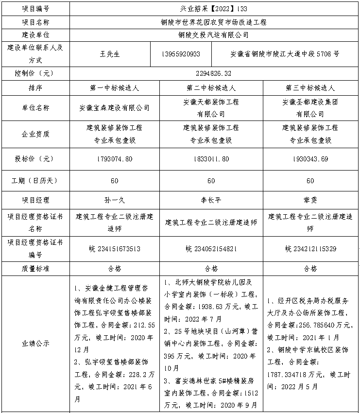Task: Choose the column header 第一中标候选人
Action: pyautogui.click(x=115, y=88)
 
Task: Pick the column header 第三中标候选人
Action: pyautogui.click(x=310, y=88)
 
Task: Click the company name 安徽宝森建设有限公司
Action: pyautogui.click(x=115, y=108)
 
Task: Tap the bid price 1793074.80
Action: pyautogui.click(x=115, y=159)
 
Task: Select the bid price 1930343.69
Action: pyautogui.click(x=310, y=159)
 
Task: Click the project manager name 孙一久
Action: pyautogui.click(x=115, y=200)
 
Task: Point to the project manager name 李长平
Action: pyautogui.click(x=211, y=200)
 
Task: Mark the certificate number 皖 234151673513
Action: pyautogui.click(x=115, y=249)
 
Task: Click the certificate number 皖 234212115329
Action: pyautogui.click(x=310, y=249)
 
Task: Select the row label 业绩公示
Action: pyautogui.click(x=36, y=343)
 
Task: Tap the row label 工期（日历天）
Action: pyautogui.click(x=36, y=180)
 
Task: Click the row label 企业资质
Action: pyautogui.click(x=36, y=134)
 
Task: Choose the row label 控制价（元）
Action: pyautogui.click(x=36, y=73)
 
